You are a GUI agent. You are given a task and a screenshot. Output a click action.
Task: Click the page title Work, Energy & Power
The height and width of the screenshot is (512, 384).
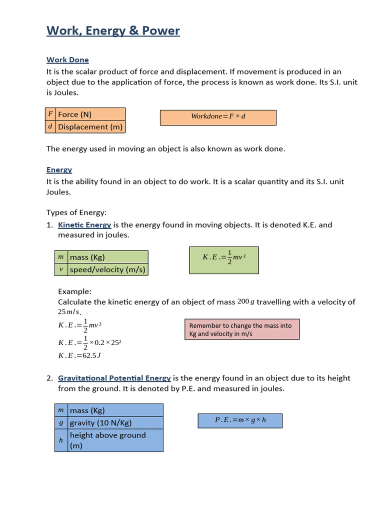coord(113,31)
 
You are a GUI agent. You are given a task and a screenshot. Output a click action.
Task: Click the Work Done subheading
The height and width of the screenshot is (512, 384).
coord(67,60)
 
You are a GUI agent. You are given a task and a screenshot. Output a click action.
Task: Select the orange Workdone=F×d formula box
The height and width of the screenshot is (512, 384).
coord(218,116)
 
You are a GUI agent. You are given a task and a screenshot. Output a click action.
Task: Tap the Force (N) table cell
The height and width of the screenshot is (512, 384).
coord(90,114)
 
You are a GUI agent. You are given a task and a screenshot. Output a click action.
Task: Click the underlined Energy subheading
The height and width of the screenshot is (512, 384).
coord(59,170)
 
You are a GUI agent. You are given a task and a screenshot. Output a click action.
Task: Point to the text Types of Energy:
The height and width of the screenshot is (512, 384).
coord(76,212)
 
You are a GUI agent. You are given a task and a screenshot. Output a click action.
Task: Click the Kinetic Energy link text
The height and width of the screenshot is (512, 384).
coord(84,225)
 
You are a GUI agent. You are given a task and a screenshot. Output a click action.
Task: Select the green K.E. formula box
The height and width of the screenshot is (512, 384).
coord(223,260)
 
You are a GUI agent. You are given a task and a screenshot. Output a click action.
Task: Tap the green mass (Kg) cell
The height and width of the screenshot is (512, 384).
coord(108,257)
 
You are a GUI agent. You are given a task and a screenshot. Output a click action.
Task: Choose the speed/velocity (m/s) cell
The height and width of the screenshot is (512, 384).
coord(108,270)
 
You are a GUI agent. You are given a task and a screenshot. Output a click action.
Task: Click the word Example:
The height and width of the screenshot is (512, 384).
coord(75,291)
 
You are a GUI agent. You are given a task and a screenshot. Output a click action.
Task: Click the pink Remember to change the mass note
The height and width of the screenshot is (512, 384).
coord(242,329)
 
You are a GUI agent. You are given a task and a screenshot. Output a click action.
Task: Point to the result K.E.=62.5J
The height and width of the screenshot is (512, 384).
coord(79,355)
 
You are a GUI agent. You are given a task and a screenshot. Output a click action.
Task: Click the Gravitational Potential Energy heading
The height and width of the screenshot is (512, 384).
coord(114,378)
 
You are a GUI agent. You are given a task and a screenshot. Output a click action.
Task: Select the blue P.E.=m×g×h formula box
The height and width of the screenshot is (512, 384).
coord(240,420)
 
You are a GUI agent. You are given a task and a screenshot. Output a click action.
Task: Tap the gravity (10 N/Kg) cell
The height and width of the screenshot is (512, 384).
coord(115,423)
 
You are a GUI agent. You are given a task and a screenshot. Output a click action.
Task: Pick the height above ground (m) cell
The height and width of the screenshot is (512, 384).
coord(115,440)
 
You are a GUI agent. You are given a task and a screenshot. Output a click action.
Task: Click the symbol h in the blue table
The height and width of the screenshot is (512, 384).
coord(61,440)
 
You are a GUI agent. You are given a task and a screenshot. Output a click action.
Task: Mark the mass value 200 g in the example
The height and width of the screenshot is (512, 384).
coord(246,301)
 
